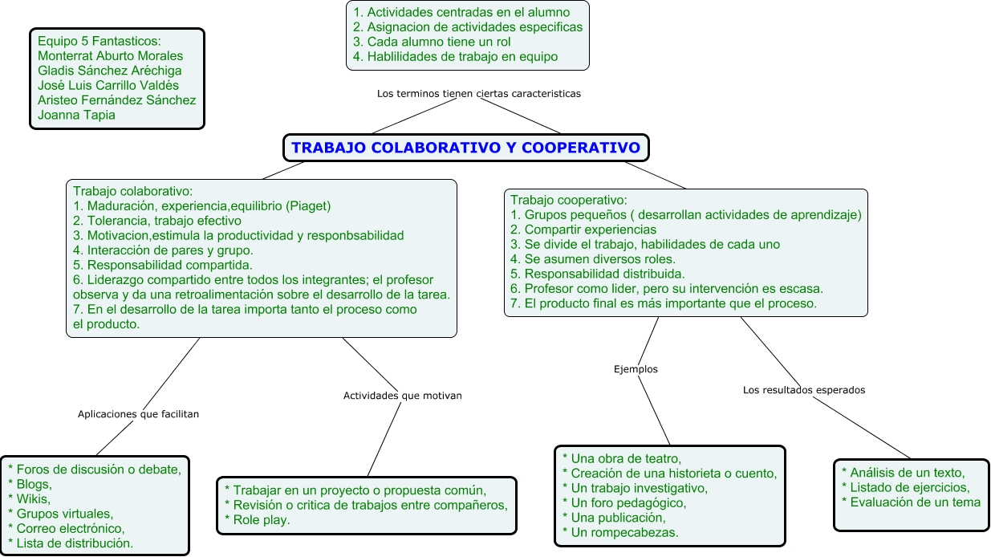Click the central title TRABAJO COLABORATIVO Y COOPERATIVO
click(x=465, y=148)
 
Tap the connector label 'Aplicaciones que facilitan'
click(x=138, y=414)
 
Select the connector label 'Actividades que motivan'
click(x=403, y=396)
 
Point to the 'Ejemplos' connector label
click(x=636, y=369)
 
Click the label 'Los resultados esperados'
click(x=804, y=390)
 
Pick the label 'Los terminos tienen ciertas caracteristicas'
click(x=478, y=93)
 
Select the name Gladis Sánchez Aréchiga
click(x=110, y=71)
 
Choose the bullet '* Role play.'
click(x=257, y=520)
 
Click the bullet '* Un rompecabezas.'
click(x=620, y=532)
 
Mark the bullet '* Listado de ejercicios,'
click(x=905, y=487)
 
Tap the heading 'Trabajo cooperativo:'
click(x=568, y=200)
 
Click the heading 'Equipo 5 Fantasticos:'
click(x=100, y=41)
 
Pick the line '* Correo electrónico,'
click(x=66, y=528)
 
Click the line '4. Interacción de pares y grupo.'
click(x=163, y=250)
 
